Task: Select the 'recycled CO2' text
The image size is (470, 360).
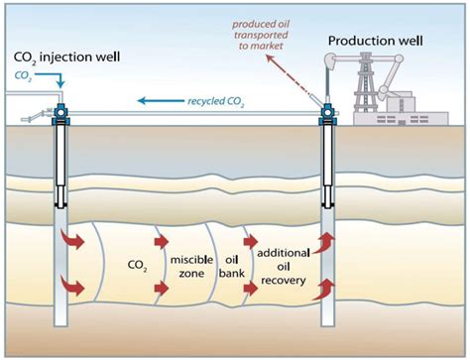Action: point(217,100)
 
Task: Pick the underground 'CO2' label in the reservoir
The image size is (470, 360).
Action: point(139,266)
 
